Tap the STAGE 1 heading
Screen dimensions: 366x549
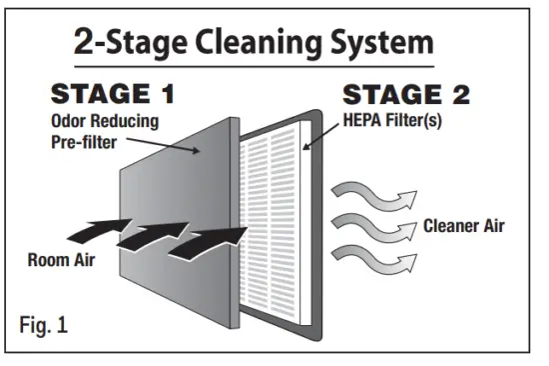click(112, 95)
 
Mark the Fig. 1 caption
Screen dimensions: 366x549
click(45, 326)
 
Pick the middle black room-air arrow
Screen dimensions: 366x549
click(150, 234)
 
